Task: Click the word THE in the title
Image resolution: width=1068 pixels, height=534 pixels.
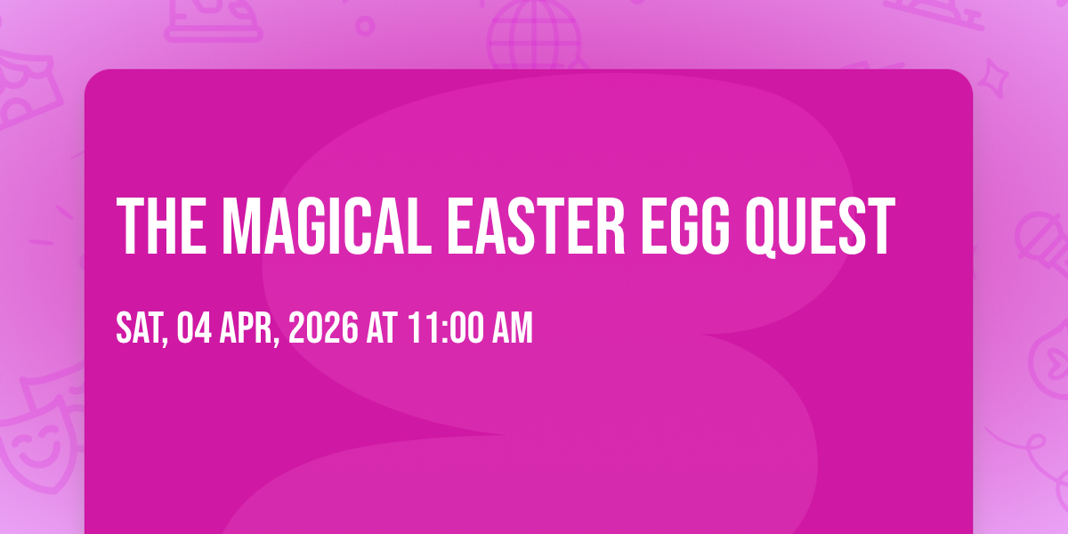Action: pos(162,226)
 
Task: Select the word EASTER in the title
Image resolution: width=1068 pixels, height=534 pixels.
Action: pos(536,226)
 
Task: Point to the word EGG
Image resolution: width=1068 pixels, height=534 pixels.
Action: pos(684,226)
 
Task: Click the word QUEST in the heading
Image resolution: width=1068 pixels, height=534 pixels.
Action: pos(820,227)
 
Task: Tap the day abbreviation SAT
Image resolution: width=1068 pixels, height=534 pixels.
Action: pos(141,328)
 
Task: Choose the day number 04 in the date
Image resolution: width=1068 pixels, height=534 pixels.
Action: pos(194,328)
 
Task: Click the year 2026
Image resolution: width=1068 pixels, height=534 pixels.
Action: pos(323,328)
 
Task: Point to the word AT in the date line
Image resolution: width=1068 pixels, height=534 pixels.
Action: pos(382,328)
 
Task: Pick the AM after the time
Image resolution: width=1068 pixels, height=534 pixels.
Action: pos(512,328)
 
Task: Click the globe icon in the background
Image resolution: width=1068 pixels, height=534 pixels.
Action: pos(534,34)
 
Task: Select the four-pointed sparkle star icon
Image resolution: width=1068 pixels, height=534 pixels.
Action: pos(992,78)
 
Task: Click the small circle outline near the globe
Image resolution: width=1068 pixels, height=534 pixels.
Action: pos(365,26)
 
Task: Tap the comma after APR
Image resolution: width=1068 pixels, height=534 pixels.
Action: pos(277,340)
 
